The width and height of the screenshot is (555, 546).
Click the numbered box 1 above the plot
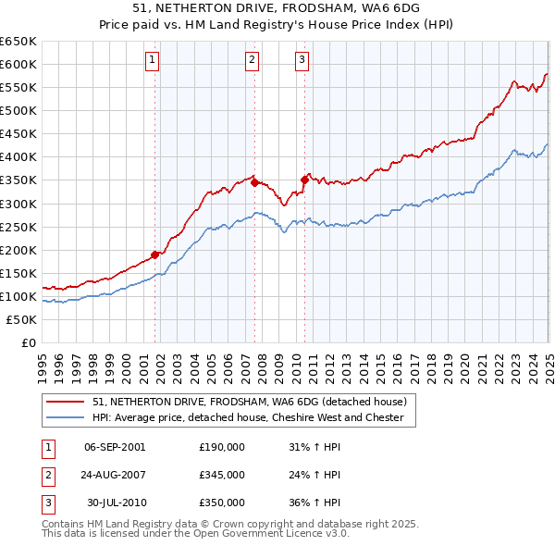pos(152,61)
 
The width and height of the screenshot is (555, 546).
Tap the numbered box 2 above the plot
pos(252,61)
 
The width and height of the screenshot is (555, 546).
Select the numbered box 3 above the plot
pos(302,61)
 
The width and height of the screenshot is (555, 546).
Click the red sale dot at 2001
pos(155,254)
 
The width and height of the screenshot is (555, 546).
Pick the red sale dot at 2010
pos(304,180)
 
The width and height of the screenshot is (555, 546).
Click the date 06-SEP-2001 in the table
pos(115,447)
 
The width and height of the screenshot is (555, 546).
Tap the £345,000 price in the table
pos(222,475)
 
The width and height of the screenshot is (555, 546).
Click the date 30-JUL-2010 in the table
pos(115,503)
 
